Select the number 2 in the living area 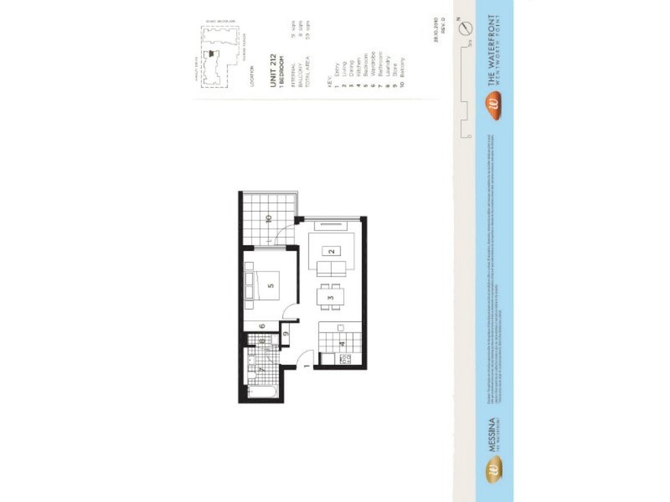click(332, 251)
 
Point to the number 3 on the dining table click(332, 298)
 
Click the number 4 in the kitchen click(342, 344)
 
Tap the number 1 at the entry click(307, 366)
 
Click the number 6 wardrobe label click(262, 326)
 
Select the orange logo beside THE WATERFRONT click(494, 105)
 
